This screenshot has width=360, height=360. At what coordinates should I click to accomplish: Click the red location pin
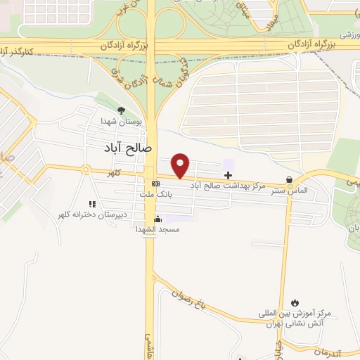(x=181, y=165)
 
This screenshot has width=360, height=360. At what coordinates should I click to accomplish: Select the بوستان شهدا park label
(x=121, y=122)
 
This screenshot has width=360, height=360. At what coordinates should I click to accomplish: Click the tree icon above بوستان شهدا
(x=121, y=110)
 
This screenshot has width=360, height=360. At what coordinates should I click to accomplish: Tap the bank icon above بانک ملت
(x=155, y=184)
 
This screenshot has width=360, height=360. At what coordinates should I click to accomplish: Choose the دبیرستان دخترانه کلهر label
(x=92, y=214)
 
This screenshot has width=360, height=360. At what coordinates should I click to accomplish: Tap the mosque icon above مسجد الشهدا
(x=157, y=219)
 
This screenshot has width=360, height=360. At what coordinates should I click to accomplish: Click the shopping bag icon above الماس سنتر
(x=289, y=179)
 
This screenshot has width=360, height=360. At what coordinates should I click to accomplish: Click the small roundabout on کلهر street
(x=85, y=169)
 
